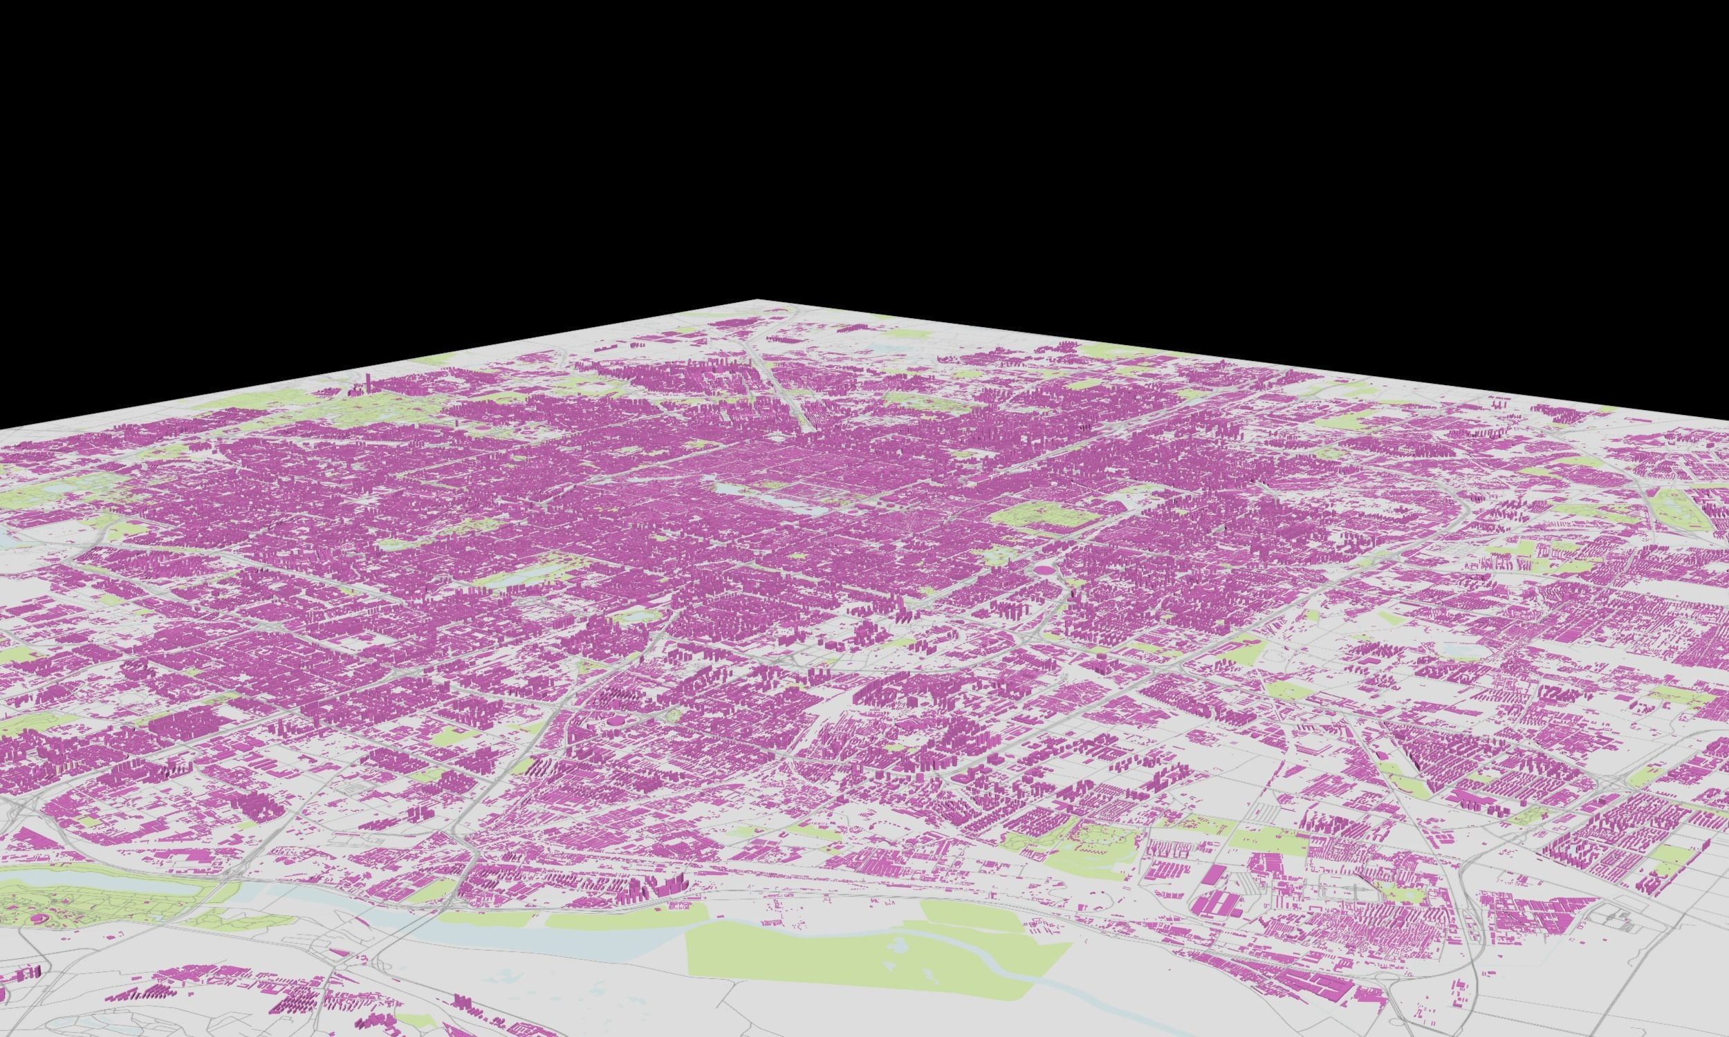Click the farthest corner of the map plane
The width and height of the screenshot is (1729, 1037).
coord(759,301)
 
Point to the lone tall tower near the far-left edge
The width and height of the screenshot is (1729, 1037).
coord(369,383)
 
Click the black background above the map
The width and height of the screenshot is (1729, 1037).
coord(839,140)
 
